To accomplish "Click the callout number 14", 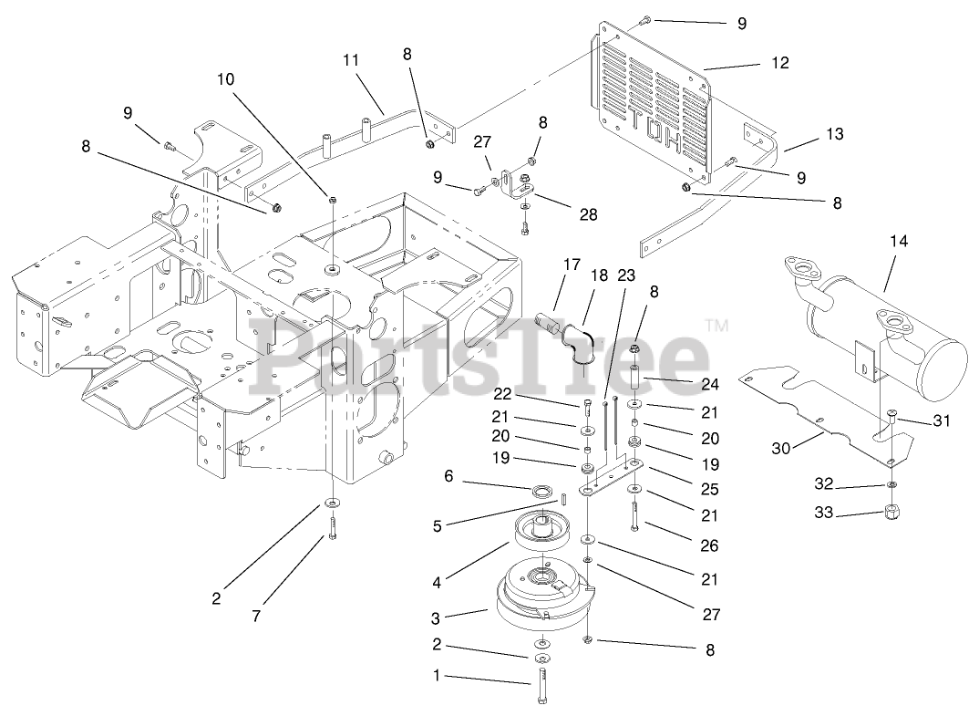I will coord(900,241).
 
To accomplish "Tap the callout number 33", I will coord(824,514).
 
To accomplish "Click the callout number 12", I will coord(779,63).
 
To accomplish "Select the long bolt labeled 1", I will coord(541,686).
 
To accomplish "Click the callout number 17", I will coord(572,265).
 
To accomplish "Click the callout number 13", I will coord(835,134).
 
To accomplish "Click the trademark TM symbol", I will coord(716,325).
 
